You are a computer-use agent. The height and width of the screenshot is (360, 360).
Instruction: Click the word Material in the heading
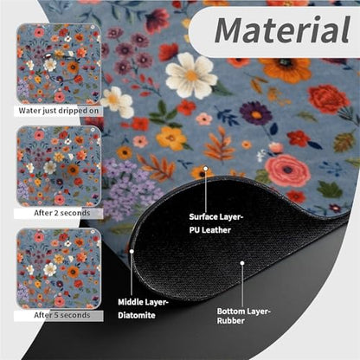pyautogui.click(x=282, y=30)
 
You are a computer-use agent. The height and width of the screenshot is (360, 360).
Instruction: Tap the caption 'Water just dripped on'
pyautogui.click(x=59, y=111)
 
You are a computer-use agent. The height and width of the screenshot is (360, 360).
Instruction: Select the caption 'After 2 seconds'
pyautogui.click(x=62, y=213)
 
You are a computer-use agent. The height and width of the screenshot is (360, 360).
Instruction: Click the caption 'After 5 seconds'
pyautogui.click(x=62, y=315)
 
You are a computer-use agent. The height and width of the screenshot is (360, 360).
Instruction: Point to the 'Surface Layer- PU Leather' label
pyautogui.click(x=215, y=223)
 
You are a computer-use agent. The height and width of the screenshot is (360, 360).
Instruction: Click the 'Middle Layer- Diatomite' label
pyautogui.click(x=143, y=309)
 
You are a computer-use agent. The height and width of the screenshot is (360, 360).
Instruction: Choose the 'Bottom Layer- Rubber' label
pyautogui.click(x=243, y=316)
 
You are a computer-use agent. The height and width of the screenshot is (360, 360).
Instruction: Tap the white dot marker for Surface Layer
pyautogui.click(x=206, y=168)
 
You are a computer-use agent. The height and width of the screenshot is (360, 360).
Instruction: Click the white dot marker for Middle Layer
pyautogui.click(x=132, y=251)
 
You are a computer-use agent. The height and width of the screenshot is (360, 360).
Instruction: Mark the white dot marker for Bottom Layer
pyautogui.click(x=242, y=263)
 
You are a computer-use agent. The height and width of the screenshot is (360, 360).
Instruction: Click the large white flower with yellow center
pyautogui.click(x=190, y=75)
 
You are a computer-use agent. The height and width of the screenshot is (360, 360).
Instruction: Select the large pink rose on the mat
pyautogui.click(x=287, y=170)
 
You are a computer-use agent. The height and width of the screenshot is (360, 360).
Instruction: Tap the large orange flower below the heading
pyautogui.click(x=285, y=69)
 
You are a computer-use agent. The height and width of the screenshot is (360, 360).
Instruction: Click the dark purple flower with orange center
pyautogui.click(x=256, y=113)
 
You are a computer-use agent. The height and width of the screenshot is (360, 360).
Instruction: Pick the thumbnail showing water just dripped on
pyautogui.click(x=59, y=64)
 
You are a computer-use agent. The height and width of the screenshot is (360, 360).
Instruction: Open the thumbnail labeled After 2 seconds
pyautogui.click(x=59, y=166)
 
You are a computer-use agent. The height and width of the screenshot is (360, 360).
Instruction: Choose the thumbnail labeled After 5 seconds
pyautogui.click(x=59, y=268)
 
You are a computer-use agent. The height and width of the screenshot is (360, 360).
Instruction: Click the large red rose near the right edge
pyautogui.click(x=329, y=100)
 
